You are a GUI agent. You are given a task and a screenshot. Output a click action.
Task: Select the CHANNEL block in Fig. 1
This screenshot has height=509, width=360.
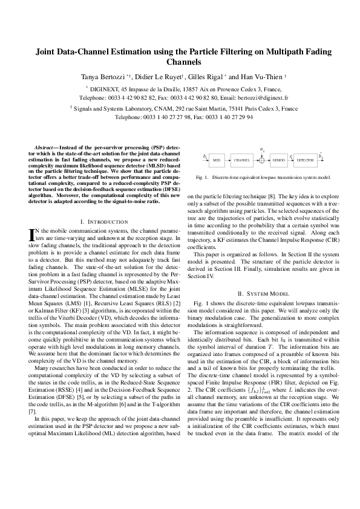coord(241,160)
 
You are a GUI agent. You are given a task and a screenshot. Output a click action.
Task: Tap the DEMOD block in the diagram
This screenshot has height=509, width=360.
coord(279,160)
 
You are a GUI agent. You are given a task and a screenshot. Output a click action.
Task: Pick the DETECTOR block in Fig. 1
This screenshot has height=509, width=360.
coord(306,160)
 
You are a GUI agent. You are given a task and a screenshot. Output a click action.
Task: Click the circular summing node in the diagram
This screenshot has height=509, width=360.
coord(261,160)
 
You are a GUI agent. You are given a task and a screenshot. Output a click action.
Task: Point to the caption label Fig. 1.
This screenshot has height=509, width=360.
coord(203,177)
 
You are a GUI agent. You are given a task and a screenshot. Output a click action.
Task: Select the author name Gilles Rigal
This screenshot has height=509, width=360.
coord(191,77)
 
